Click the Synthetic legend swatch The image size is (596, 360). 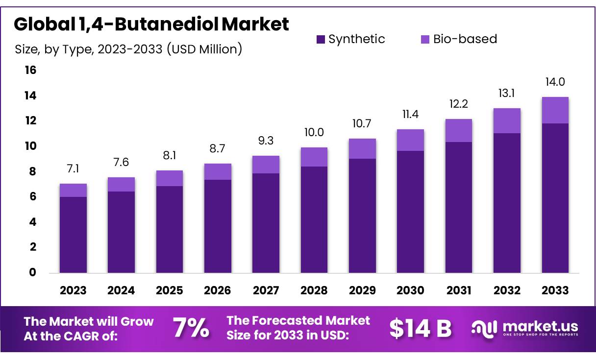(x=321, y=39)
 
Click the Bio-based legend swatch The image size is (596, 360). (x=425, y=39)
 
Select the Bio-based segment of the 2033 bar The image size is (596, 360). (x=555, y=110)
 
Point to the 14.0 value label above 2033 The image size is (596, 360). (x=555, y=82)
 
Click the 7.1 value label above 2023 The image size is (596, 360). (x=73, y=169)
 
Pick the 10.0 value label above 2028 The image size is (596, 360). (x=314, y=132)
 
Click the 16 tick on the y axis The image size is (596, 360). (x=30, y=71)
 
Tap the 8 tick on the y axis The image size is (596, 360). (x=33, y=171)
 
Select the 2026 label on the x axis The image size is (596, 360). (x=217, y=290)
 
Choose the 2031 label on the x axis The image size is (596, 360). (x=459, y=290)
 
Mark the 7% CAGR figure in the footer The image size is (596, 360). (x=191, y=329)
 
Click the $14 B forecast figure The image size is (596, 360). (x=420, y=329)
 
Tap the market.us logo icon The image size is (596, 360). (x=484, y=328)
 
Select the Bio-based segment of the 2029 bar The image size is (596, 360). (x=362, y=148)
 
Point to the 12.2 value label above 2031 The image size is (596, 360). (x=458, y=104)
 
